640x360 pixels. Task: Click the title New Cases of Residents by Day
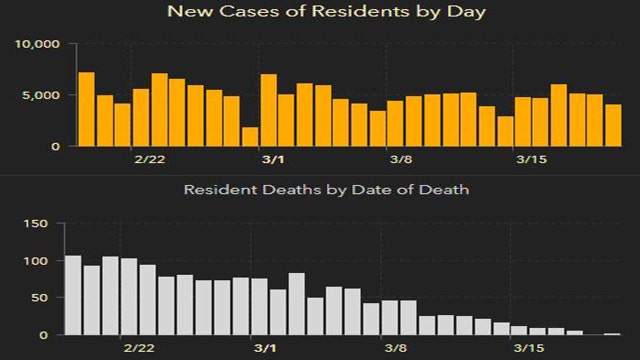coord(319,13)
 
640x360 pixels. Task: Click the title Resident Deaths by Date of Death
coord(320,188)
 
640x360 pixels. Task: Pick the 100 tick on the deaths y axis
coord(36,261)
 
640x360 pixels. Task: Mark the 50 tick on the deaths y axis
coord(40,298)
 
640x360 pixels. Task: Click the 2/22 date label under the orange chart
coord(149,160)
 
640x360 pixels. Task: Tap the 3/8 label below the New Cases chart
coord(402,160)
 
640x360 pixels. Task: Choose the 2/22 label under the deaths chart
coord(139,349)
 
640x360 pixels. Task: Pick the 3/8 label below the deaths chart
coord(396,349)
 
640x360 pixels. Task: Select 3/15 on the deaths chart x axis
coord(528,349)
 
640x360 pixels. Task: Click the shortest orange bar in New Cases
coord(250,137)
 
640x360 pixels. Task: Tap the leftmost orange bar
coord(86,109)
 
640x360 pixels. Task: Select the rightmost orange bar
coord(613,125)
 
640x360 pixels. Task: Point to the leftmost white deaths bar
coord(73,295)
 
